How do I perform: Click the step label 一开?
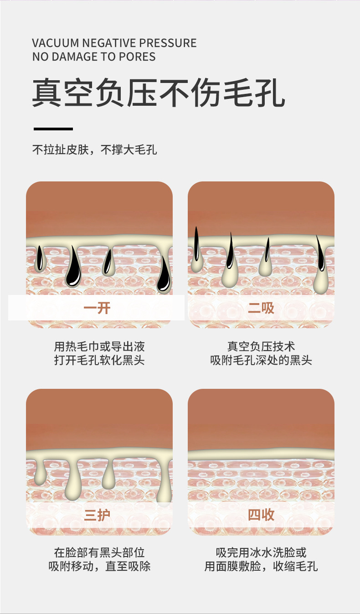click(x=97, y=308)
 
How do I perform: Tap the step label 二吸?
click(x=261, y=308)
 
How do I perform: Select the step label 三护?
click(x=97, y=515)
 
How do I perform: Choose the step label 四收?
click(x=261, y=515)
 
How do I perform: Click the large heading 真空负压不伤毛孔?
click(x=158, y=93)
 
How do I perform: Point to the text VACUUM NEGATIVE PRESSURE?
click(x=114, y=43)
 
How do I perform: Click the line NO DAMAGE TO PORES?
click(x=94, y=57)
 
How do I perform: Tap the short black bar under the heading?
click(x=53, y=129)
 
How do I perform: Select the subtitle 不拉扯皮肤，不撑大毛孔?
click(x=94, y=150)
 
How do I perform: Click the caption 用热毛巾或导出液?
click(x=99, y=346)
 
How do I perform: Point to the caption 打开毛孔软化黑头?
click(x=99, y=360)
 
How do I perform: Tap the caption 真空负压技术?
click(x=261, y=346)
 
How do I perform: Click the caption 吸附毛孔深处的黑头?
click(x=261, y=360)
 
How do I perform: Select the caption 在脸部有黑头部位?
click(x=99, y=553)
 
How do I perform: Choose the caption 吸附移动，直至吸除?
click(x=99, y=567)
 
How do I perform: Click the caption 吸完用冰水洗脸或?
click(x=261, y=553)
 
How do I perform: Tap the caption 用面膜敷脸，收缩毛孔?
click(x=261, y=567)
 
